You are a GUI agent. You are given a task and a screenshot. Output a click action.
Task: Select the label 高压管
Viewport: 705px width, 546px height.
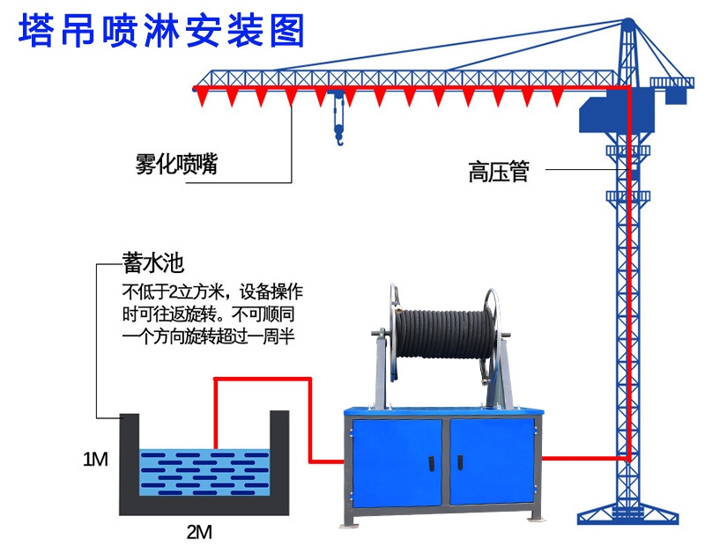point(498,171)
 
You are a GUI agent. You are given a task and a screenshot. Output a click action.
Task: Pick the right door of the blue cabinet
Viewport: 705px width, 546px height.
point(491,461)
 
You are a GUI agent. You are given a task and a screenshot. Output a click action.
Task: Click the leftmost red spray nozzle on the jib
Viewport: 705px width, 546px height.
point(204,95)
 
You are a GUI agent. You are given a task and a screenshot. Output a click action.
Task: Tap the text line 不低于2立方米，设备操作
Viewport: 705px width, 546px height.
point(212,291)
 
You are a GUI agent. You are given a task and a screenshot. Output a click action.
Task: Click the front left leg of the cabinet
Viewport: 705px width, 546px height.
point(348,520)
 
